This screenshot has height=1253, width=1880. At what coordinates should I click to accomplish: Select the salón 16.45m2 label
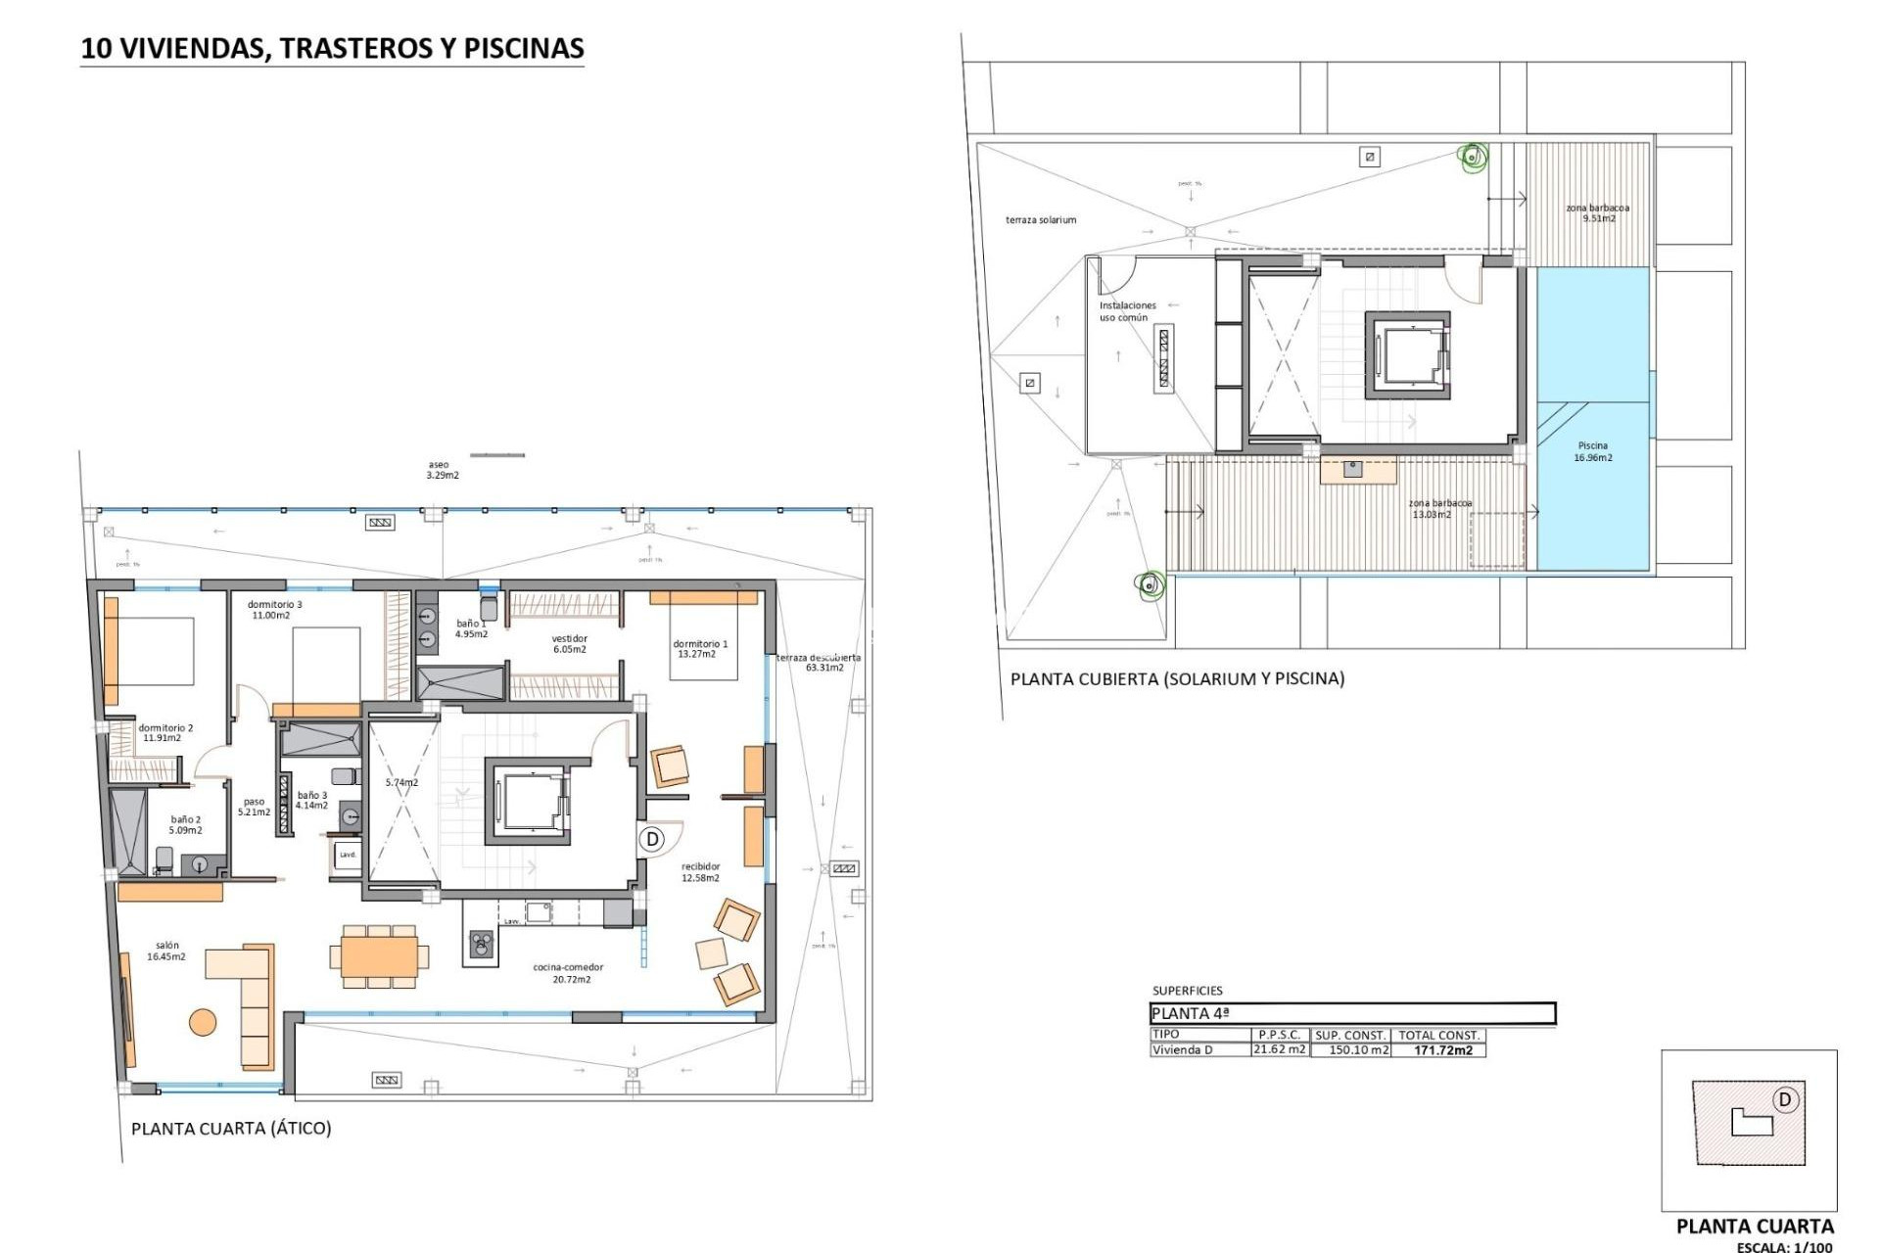[x=166, y=951]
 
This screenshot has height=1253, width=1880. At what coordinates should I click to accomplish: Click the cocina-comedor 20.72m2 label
[x=567, y=973]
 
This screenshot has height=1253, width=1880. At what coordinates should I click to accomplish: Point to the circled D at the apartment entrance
[x=652, y=839]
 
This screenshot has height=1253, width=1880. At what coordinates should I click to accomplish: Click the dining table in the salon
[x=379, y=955]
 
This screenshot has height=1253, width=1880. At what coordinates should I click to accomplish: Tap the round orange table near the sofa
[x=202, y=1022]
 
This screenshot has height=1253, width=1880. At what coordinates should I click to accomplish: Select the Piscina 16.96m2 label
[x=1592, y=451]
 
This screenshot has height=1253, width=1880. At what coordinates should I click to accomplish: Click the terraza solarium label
[x=1040, y=220]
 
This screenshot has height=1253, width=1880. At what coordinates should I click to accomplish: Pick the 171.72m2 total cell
[x=1442, y=1050]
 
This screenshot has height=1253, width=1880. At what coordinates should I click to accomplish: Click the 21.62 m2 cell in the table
[x=1280, y=1049]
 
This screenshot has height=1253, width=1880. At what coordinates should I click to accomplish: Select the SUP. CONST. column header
[x=1350, y=1035]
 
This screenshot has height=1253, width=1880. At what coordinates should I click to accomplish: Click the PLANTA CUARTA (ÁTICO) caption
[x=231, y=1128]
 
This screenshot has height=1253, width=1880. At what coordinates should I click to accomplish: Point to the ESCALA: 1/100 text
[x=1784, y=1247]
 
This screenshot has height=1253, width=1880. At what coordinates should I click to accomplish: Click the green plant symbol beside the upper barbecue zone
[x=1472, y=155]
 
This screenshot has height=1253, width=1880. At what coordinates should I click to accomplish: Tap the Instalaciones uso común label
[x=1126, y=311]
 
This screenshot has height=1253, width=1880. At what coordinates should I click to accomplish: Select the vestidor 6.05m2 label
[x=569, y=643]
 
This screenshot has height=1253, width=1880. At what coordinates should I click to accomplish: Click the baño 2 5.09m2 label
[x=185, y=824]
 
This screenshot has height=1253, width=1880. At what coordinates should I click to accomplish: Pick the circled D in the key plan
[x=1784, y=1099]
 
